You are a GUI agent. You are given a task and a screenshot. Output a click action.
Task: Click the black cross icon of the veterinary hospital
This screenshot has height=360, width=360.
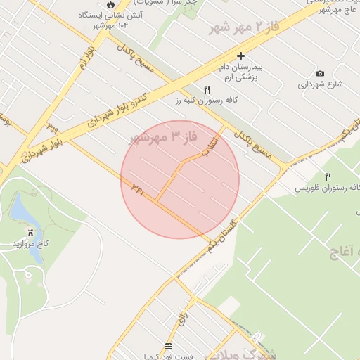(x=240, y=56)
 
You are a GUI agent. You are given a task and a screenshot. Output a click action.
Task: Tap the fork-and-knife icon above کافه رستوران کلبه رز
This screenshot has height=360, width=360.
(x=207, y=90)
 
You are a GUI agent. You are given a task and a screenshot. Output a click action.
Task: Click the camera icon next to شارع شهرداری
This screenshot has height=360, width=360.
(x=321, y=74)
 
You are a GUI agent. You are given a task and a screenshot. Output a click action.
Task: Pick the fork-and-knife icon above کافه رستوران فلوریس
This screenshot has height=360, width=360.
(x=328, y=176)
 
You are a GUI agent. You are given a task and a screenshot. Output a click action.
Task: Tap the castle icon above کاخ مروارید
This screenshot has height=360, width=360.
(x=30, y=232)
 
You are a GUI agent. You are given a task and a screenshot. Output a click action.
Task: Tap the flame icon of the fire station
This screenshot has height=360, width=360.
(x=110, y=5)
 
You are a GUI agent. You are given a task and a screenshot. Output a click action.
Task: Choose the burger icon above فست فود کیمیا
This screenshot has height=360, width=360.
(x=168, y=345)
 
